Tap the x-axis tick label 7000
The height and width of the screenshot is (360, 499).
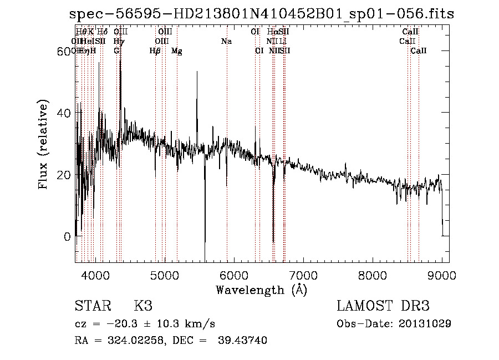[x=303, y=275]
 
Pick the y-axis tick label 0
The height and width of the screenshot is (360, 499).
[x=68, y=237]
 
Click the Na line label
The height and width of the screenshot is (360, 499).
[x=226, y=42]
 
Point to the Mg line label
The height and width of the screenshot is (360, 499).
[x=177, y=51]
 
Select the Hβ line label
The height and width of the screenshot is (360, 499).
[x=155, y=51]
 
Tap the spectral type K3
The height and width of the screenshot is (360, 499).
[x=143, y=306]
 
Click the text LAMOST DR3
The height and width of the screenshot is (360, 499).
[x=383, y=306]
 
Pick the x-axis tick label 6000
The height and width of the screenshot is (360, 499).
[x=233, y=275]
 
